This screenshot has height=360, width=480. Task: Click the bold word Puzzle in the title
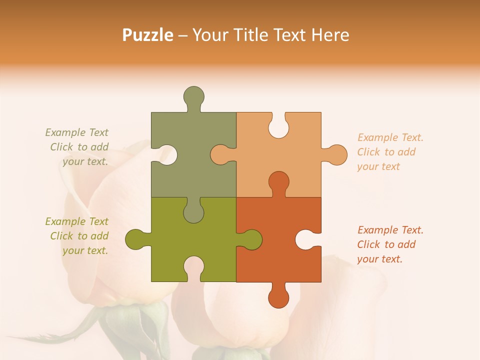click(x=147, y=35)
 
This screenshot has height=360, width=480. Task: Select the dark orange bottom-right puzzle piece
click(x=280, y=260)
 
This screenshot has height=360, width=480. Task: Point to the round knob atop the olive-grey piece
click(x=194, y=96)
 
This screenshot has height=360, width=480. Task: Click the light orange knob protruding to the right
click(x=336, y=154)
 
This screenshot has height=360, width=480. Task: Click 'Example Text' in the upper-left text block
click(x=76, y=132)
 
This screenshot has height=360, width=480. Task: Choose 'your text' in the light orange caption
click(x=378, y=166)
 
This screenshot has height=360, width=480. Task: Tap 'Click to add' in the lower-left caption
click(x=79, y=236)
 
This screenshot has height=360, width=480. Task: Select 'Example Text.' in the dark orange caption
click(x=390, y=230)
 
